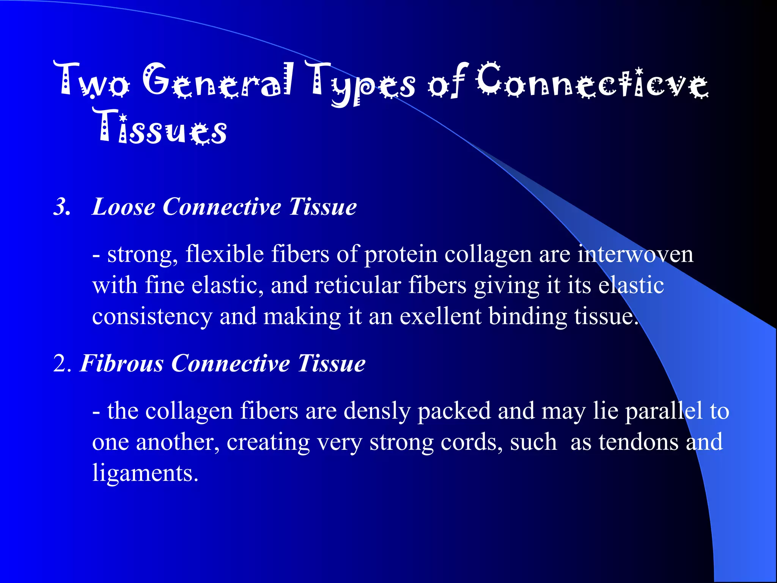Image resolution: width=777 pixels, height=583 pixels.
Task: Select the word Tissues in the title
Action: point(159,127)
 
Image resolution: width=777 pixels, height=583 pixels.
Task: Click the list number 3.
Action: point(62,207)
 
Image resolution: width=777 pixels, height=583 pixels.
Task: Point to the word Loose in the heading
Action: point(124,207)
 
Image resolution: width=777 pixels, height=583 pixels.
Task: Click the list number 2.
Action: point(62,364)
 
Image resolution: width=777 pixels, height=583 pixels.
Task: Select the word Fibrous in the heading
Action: point(122,364)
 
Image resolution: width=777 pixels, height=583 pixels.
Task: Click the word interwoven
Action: point(635,254)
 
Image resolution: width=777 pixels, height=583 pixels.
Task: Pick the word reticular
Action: point(357,285)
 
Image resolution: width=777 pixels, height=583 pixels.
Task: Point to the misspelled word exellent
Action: point(440,317)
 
